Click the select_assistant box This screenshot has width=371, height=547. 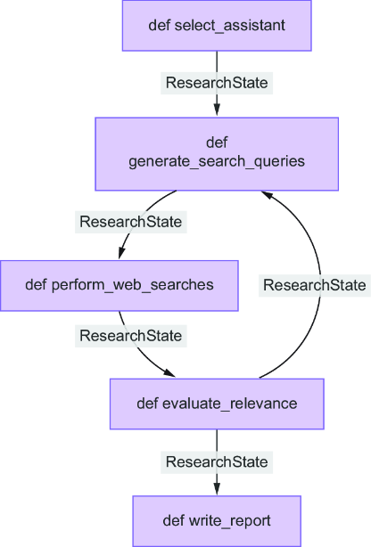point(217,26)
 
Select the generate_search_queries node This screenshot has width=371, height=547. point(217,154)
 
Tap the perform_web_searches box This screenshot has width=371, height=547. point(120,285)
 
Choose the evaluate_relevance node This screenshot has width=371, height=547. point(217,404)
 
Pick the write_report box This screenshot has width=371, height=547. point(217,521)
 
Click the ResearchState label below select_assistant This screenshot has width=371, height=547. point(217,83)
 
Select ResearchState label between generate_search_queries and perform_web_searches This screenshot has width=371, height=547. point(131,222)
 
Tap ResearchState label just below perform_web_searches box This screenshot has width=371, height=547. point(131,336)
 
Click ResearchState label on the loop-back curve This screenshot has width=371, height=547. point(315,285)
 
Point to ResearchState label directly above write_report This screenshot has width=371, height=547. point(217,461)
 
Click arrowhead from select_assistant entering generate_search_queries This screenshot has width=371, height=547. point(217,110)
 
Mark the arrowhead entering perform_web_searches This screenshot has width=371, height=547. point(121,253)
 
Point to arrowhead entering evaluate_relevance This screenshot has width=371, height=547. point(169,372)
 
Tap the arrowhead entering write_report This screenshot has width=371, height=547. point(217,488)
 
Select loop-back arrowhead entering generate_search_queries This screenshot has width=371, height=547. point(267,195)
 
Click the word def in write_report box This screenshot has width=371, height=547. point(173,521)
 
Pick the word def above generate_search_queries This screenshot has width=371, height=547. point(217,143)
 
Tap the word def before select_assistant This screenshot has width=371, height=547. point(160,26)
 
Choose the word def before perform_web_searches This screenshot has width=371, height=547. point(36,285)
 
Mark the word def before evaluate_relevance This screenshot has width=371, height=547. point(147,404)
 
